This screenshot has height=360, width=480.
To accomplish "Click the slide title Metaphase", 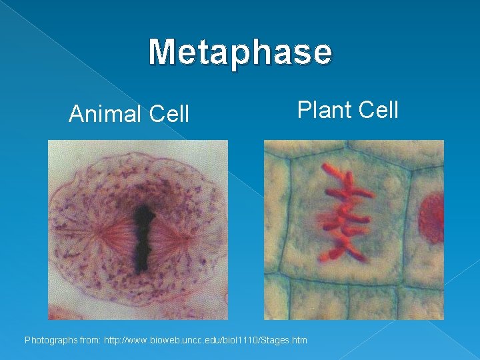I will [x=240, y=52].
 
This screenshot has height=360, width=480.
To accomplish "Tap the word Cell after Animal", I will [x=169, y=115].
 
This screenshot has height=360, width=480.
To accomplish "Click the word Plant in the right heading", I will [x=323, y=109].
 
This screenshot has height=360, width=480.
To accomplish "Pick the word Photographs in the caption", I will [x=52, y=341].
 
